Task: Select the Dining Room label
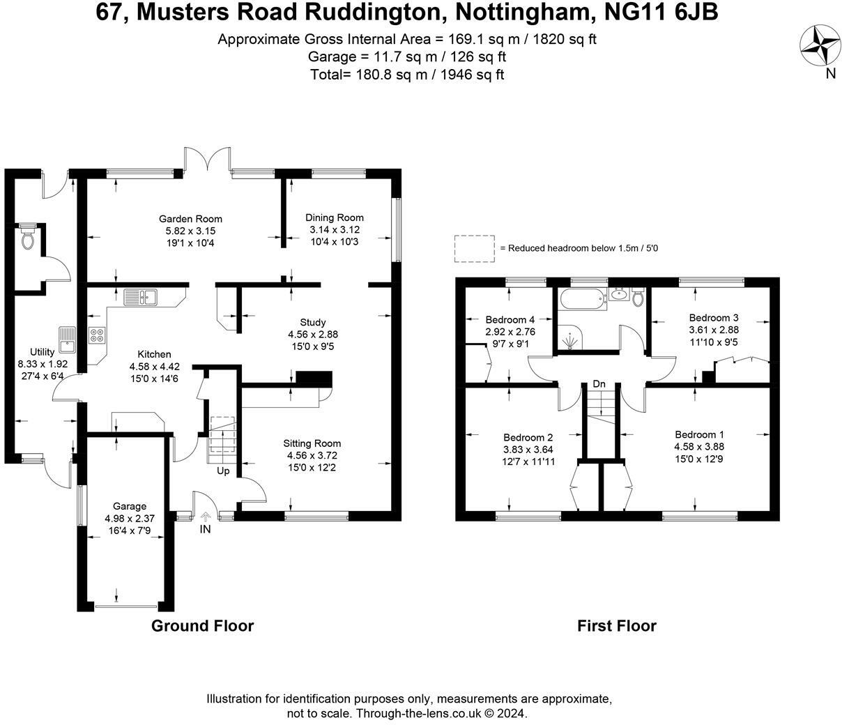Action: tap(337, 217)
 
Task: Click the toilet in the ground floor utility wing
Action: tap(28, 238)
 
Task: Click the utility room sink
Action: tap(67, 342)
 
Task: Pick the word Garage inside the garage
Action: tap(130, 506)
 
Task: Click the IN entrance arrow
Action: tap(206, 517)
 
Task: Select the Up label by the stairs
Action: tap(223, 471)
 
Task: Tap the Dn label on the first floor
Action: tap(599, 384)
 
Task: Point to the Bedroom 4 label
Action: tap(510, 320)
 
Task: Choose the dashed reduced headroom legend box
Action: tap(474, 248)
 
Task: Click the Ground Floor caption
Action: tap(203, 625)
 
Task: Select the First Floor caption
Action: tap(617, 625)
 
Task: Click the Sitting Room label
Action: tap(312, 443)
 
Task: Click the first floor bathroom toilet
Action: tap(637, 298)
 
